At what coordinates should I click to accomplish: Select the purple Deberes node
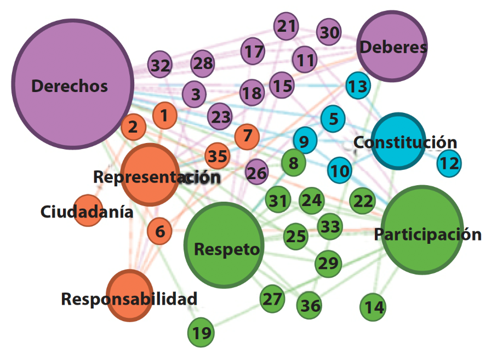click(x=392, y=47)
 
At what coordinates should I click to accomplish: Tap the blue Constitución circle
click(x=398, y=141)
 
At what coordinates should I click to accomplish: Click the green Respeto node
click(x=224, y=245)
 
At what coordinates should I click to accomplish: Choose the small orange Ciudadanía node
click(x=87, y=210)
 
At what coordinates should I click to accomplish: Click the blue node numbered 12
click(x=449, y=163)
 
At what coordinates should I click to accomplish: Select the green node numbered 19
click(x=202, y=333)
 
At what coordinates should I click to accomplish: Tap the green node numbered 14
click(x=374, y=307)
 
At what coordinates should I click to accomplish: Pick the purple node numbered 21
click(x=286, y=26)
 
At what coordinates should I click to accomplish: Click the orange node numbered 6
click(x=159, y=231)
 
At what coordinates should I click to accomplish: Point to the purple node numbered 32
click(x=161, y=66)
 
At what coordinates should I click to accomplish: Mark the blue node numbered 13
click(x=358, y=86)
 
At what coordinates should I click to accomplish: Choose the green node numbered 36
click(x=310, y=305)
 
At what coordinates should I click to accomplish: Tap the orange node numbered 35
click(x=218, y=156)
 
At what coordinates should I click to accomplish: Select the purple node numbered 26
click(x=256, y=173)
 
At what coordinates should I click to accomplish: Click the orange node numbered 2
click(x=133, y=127)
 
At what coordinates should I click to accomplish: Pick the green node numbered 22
click(x=363, y=201)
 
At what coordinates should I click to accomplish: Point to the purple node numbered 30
click(x=329, y=33)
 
